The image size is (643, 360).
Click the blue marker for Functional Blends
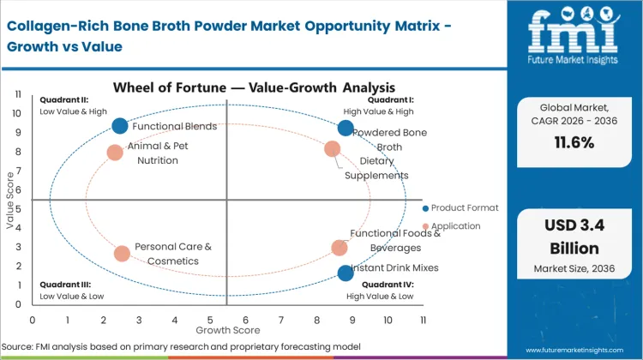pyautogui.click(x=120, y=126)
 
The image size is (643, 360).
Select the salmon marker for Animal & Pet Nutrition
pyautogui.click(x=115, y=153)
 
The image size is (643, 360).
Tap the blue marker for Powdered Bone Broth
pyautogui.click(x=346, y=128)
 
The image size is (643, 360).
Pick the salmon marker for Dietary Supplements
pyautogui.click(x=333, y=149)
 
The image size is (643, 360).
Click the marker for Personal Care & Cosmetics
pyautogui.click(x=122, y=254)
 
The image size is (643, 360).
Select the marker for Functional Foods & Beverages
pyautogui.click(x=340, y=248)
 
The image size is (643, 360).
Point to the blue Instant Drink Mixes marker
pyautogui.click(x=346, y=273)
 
